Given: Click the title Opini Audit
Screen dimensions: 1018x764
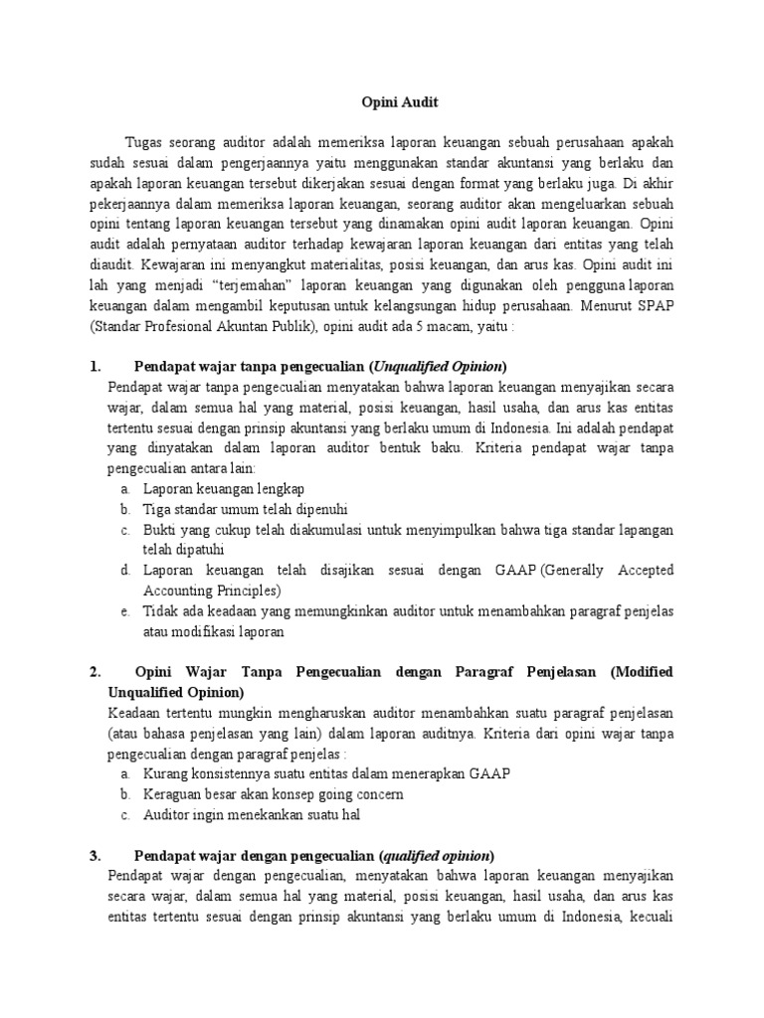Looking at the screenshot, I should click(x=396, y=101).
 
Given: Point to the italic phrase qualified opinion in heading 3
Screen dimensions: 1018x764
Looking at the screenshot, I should click(x=437, y=855).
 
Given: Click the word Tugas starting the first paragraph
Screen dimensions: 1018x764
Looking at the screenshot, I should click(x=145, y=141).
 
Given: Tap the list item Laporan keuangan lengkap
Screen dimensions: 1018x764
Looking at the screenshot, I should click(x=224, y=489).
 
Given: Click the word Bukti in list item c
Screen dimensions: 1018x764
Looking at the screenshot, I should click(x=160, y=530).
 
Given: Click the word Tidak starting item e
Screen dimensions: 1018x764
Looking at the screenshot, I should click(x=161, y=610).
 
